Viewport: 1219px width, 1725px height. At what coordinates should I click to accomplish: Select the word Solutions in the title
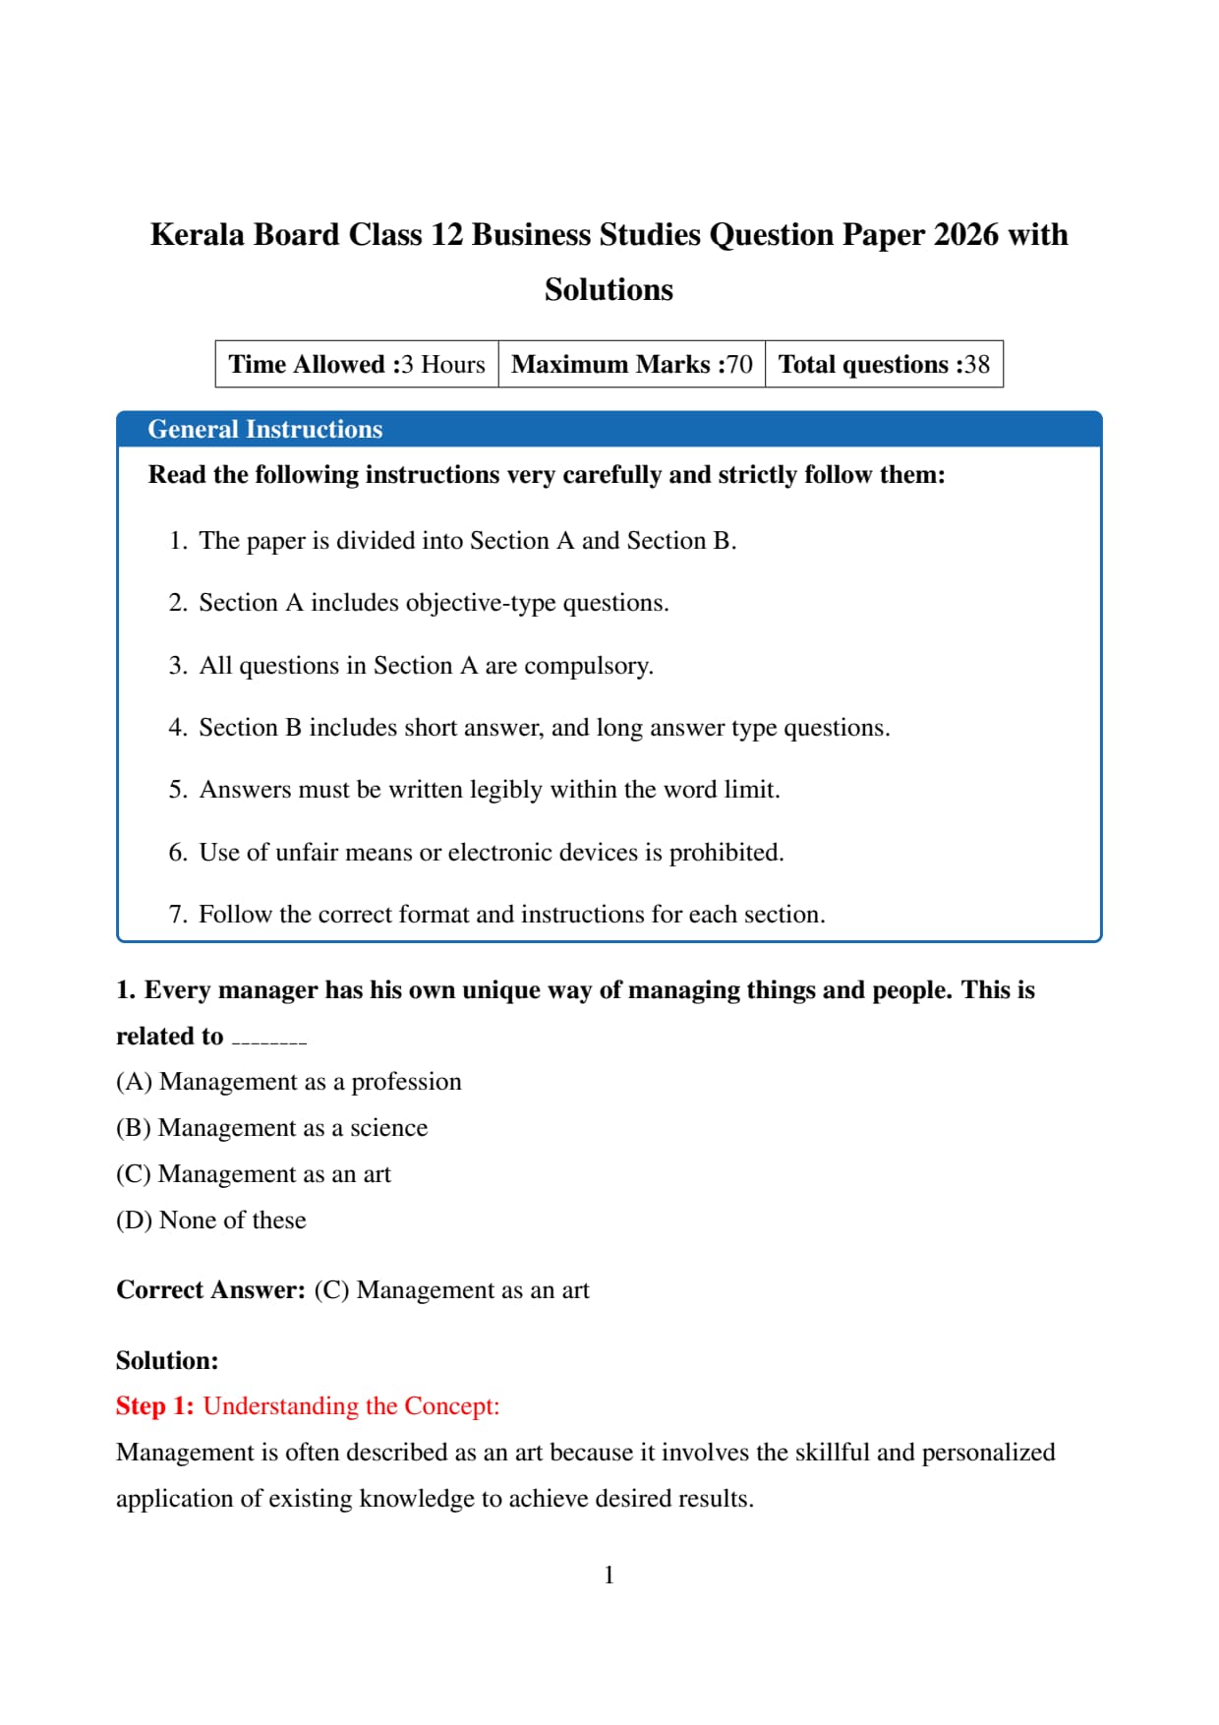tap(609, 290)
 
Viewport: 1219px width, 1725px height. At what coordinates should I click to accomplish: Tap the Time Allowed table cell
tap(357, 365)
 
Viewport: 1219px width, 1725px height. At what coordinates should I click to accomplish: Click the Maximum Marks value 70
tap(739, 365)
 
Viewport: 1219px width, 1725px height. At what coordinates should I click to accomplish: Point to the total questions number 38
tap(976, 365)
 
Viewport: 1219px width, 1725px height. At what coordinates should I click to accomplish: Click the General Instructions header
tap(264, 430)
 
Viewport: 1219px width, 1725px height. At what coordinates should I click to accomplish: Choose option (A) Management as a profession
tap(288, 1082)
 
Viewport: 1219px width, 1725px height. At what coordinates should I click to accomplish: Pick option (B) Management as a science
tap(271, 1128)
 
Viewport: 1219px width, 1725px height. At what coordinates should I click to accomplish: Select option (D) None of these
tap(210, 1220)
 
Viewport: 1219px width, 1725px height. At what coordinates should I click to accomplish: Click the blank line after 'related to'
tap(269, 1040)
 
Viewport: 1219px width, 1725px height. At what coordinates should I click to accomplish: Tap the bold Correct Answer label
tap(210, 1290)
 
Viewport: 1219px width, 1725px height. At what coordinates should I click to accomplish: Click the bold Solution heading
tap(167, 1361)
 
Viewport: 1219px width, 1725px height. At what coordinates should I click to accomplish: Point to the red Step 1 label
tap(154, 1406)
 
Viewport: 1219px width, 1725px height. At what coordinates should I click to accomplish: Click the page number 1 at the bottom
tap(609, 1576)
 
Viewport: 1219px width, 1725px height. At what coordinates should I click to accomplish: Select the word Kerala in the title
tap(197, 235)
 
